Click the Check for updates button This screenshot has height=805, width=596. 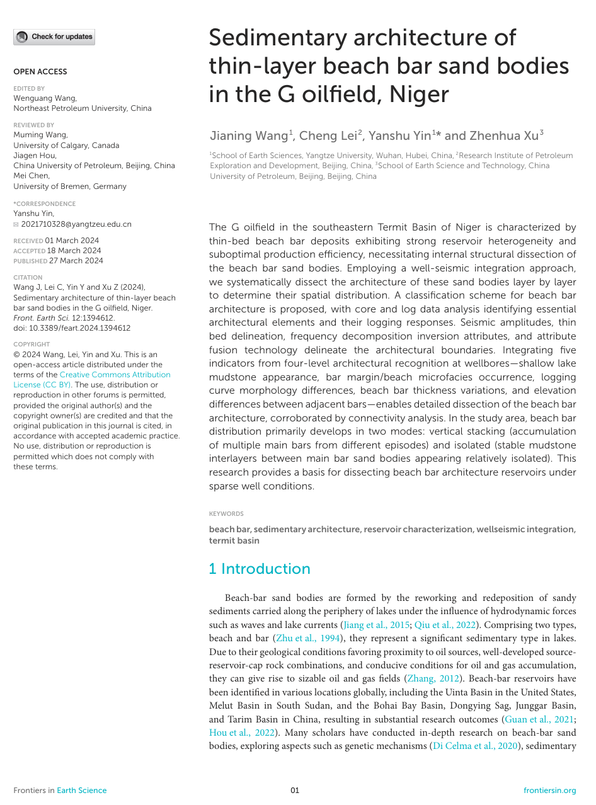coord(54,37)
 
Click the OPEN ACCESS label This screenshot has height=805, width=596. coord(40,72)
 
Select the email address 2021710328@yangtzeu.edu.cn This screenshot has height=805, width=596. coord(76,224)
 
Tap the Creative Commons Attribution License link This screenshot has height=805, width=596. coord(92,379)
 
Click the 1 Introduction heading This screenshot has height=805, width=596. coord(260,569)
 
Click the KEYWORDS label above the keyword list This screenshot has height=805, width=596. coord(226,514)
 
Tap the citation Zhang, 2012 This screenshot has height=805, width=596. coord(430,678)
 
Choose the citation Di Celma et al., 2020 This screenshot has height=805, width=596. coord(474,746)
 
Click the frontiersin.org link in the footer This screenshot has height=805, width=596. coord(549,791)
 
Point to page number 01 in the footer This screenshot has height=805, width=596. coord(295,791)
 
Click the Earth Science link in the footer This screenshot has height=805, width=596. coord(82,791)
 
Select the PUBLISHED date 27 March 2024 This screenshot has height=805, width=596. coord(76,261)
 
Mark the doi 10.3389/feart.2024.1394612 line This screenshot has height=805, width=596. coord(72,328)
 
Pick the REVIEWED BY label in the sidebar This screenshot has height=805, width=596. coord(34,125)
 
